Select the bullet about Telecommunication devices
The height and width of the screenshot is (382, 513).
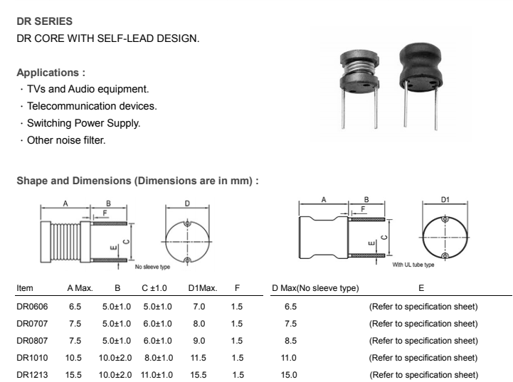(92, 106)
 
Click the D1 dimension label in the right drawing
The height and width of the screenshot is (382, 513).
(445, 200)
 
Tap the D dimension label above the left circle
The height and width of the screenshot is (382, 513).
(187, 203)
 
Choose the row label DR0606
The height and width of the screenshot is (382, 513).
(32, 307)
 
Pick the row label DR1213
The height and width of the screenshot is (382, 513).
(32, 375)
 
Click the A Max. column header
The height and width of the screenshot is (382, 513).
(80, 288)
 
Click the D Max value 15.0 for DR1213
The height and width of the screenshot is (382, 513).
(290, 375)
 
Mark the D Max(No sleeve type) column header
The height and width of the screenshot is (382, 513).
(315, 288)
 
